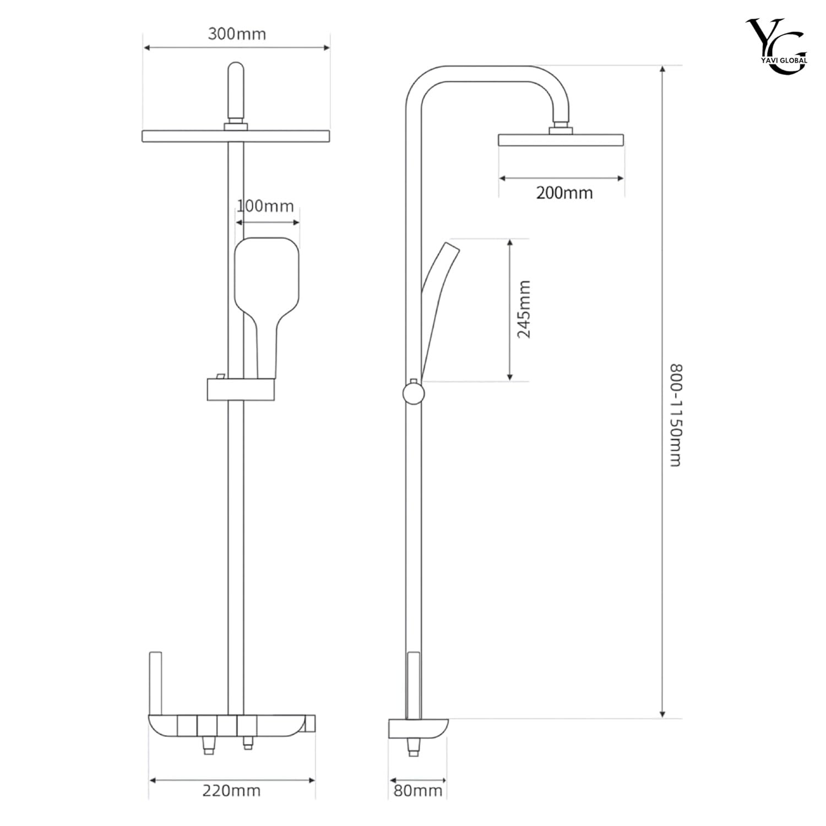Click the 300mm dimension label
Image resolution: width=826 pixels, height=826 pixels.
(237, 34)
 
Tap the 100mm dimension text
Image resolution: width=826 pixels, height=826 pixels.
(265, 206)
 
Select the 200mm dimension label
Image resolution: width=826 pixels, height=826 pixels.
(564, 193)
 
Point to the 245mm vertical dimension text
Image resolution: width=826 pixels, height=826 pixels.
(524, 309)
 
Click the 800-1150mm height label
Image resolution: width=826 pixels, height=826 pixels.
(676, 415)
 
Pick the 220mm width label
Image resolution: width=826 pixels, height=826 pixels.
(231, 791)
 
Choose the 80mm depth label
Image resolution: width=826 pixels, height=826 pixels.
(418, 791)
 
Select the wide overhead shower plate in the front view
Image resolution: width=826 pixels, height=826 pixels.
(236, 136)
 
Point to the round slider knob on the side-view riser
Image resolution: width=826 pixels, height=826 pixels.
(412, 393)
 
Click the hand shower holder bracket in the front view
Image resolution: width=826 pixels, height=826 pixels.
(240, 389)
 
